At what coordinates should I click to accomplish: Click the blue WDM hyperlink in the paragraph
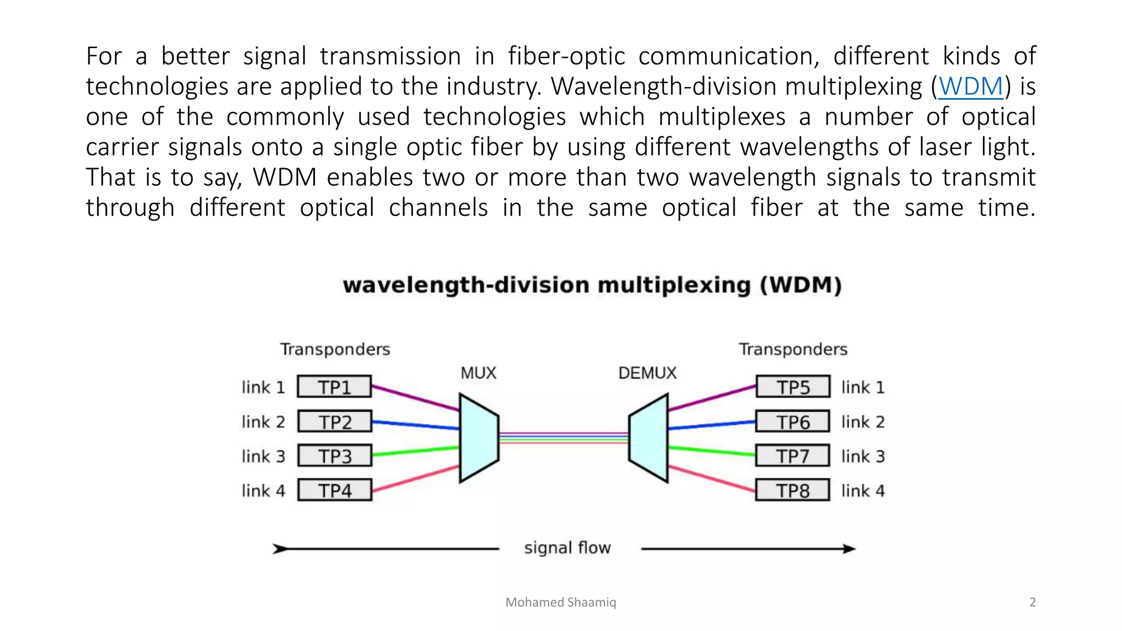[970, 87]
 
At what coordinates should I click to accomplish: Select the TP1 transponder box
[334, 387]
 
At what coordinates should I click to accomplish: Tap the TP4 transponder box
[334, 490]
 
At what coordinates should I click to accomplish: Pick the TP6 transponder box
[793, 422]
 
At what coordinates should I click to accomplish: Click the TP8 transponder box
[793, 490]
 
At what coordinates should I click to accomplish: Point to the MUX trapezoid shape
[478, 438]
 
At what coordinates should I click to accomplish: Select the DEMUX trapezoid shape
[649, 438]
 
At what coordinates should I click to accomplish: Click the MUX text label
[478, 373]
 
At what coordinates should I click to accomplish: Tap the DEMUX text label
[647, 373]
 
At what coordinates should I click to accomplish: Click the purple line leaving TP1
[415, 398]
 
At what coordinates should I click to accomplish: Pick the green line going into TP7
[712, 451]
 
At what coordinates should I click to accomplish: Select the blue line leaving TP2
[415, 425]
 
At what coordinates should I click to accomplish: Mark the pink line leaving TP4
[415, 478]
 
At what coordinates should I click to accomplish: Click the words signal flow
[567, 548]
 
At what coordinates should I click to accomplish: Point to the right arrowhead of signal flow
[849, 548]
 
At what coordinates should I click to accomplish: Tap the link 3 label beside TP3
[263, 456]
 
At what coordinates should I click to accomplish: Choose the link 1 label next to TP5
[863, 387]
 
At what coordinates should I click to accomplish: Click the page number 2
[1032, 602]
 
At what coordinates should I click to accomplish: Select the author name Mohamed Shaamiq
[560, 602]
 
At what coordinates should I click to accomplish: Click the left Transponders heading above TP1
[335, 349]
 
